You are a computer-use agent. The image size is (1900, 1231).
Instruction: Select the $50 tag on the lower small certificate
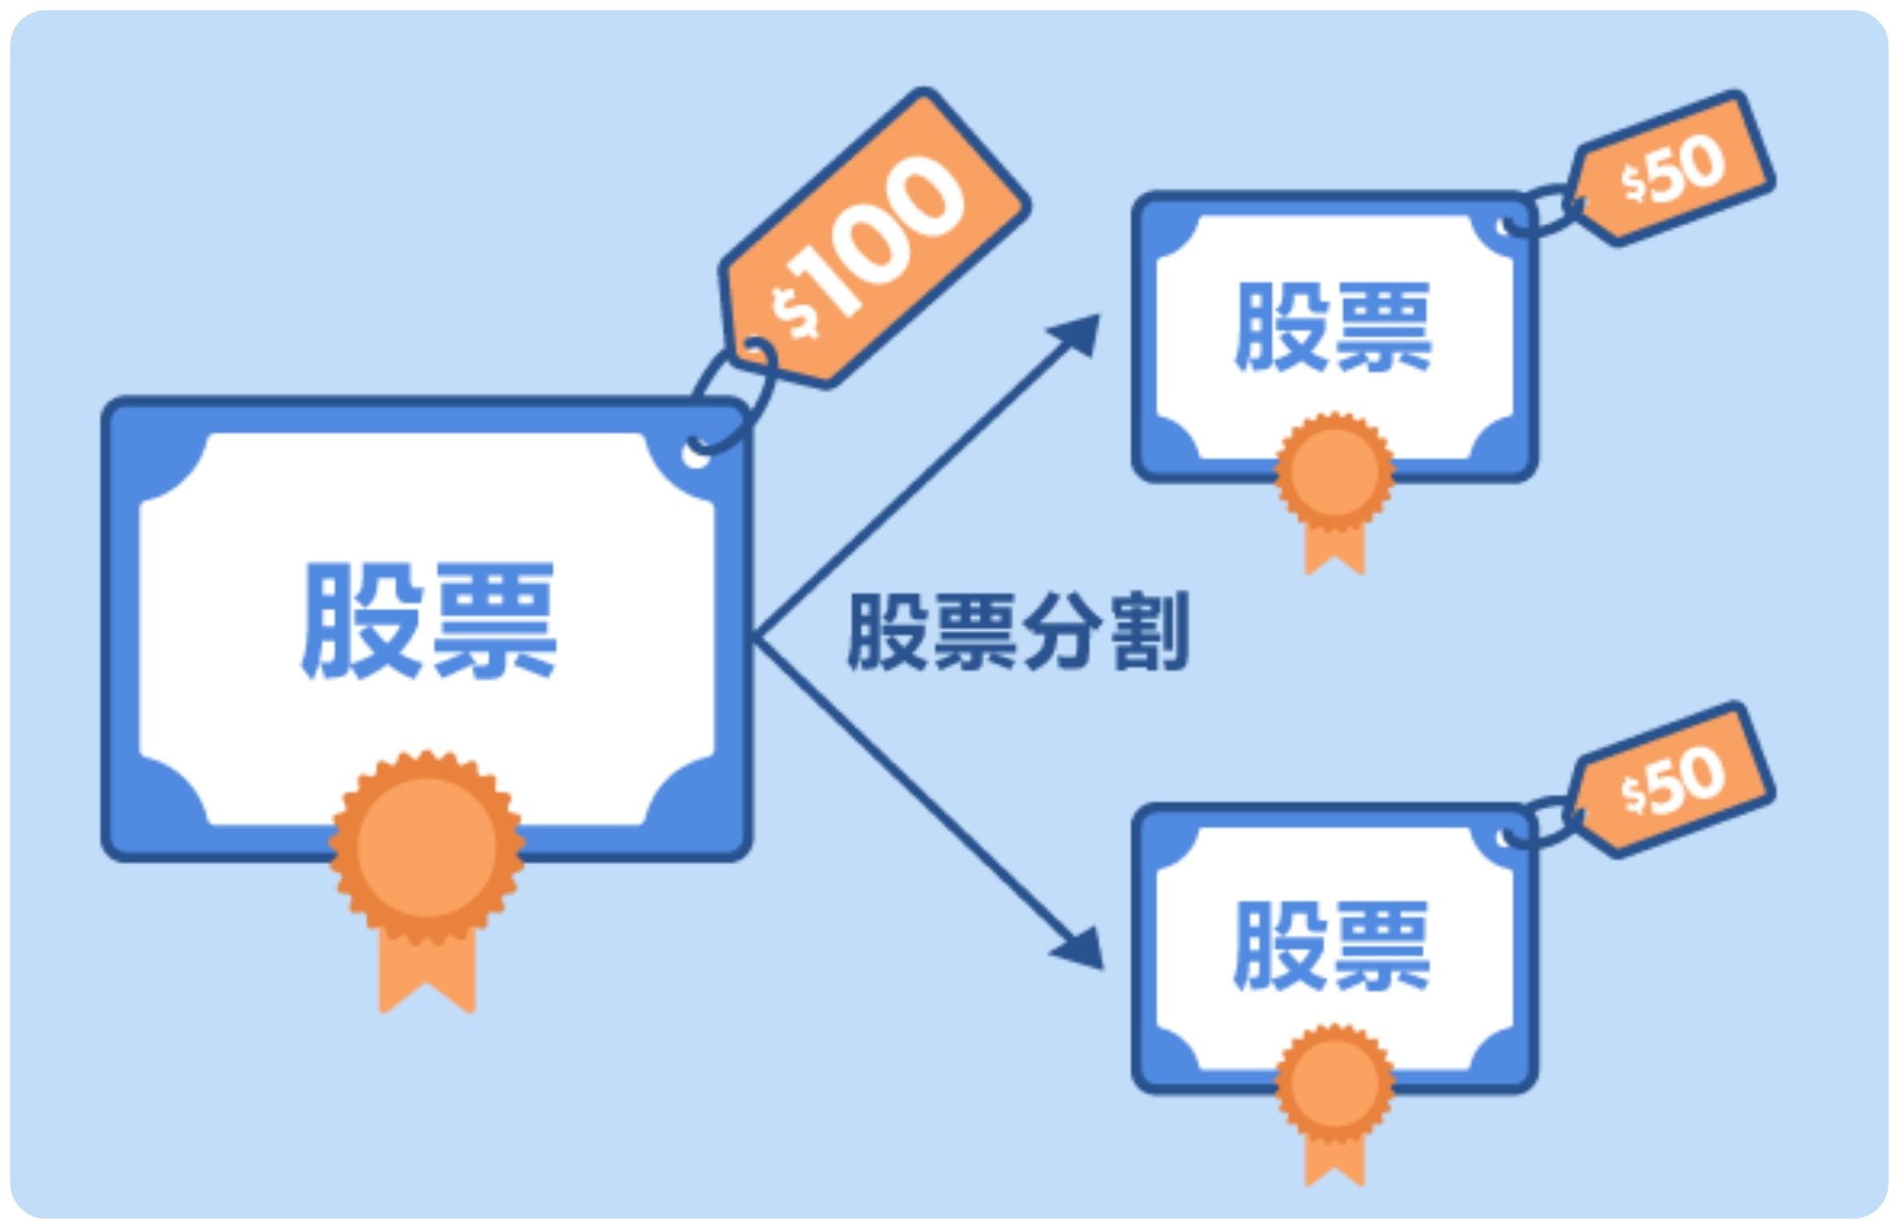pyautogui.click(x=1672, y=780)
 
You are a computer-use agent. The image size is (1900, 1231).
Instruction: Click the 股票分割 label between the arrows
pyautogui.click(x=1018, y=631)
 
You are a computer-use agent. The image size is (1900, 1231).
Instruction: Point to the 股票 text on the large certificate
pyautogui.click(x=428, y=621)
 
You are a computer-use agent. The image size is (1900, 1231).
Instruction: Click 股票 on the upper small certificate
pyautogui.click(x=1332, y=328)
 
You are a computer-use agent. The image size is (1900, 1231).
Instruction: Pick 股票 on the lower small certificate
pyautogui.click(x=1332, y=946)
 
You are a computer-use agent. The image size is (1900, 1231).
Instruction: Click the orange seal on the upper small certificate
pyautogui.click(x=1334, y=472)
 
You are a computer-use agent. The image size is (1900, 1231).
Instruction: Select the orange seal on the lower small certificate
pyautogui.click(x=1334, y=1083)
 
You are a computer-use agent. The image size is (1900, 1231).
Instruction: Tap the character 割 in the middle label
pyautogui.click(x=1148, y=631)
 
